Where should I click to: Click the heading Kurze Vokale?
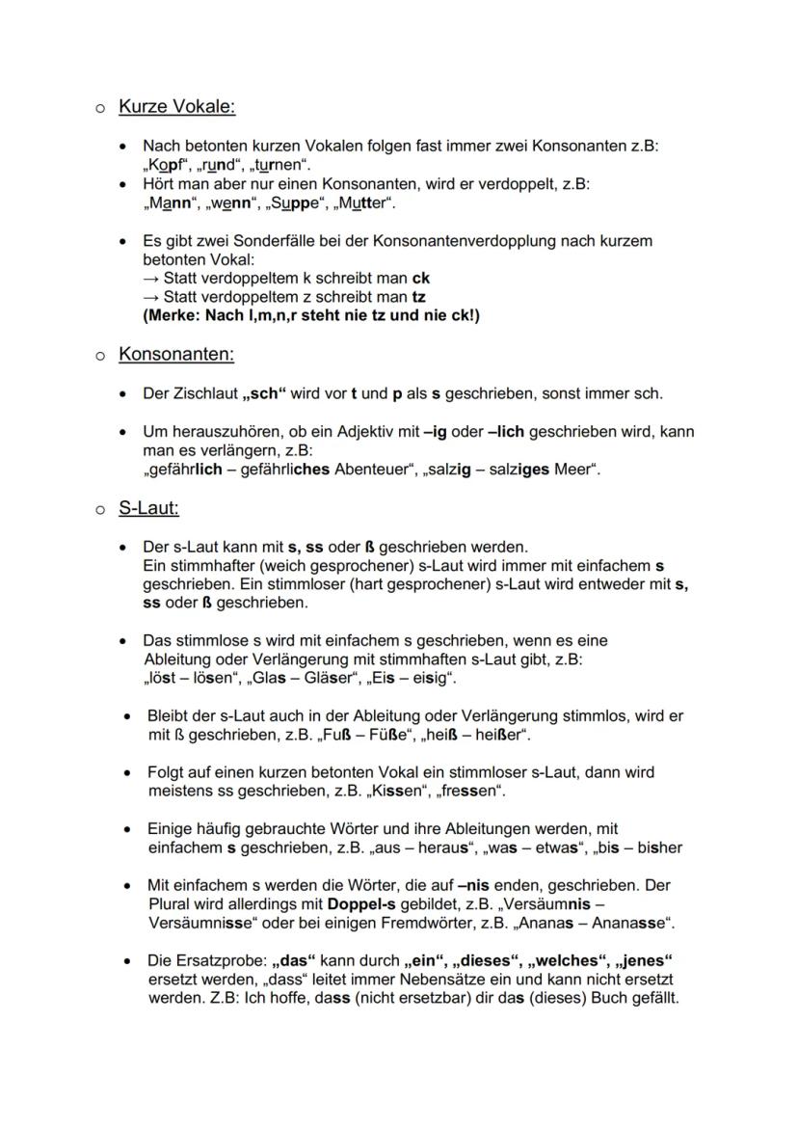(176, 107)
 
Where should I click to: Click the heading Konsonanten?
(176, 355)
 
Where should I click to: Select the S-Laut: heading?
(148, 508)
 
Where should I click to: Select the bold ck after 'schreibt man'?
(420, 278)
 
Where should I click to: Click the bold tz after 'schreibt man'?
(419, 296)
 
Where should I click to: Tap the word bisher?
(659, 847)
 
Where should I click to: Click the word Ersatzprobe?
(217, 960)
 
